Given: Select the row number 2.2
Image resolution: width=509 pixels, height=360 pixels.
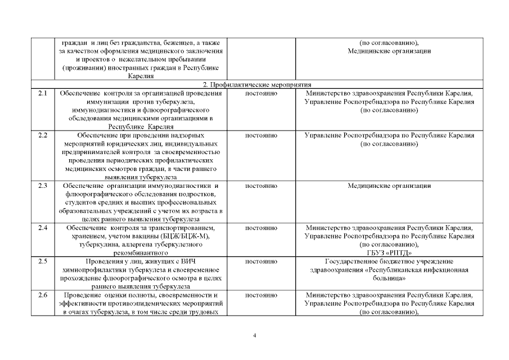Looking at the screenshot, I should pos(43,135).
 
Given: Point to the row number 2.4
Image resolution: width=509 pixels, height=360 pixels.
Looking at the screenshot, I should pos(43,228).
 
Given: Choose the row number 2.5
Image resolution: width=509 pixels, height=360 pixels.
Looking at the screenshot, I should pos(43,262).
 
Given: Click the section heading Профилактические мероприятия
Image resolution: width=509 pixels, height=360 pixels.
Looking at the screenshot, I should pos(255,84).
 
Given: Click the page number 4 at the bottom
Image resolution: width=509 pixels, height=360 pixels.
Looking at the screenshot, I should pos(255,336).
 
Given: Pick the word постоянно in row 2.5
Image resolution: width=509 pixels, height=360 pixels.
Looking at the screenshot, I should pos(262,262).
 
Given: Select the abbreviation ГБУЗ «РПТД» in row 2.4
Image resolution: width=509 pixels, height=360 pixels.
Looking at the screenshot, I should pos(389,253).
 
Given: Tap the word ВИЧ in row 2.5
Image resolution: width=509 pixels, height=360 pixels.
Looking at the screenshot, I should pos(187,262).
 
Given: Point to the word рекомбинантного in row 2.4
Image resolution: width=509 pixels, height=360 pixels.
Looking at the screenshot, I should pos(141,253).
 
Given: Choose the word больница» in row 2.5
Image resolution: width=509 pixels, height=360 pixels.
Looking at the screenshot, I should pos(389,278).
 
